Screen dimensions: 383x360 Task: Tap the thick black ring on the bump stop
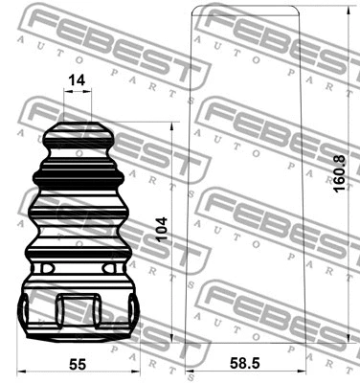point(79,176)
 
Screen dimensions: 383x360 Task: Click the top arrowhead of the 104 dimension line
point(173,125)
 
